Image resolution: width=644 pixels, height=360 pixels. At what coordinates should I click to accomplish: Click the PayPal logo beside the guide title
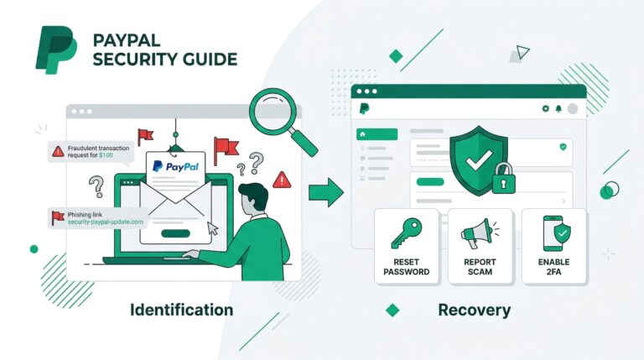tap(55, 50)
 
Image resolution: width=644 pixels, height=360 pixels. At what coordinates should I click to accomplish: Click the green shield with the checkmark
tap(478, 159)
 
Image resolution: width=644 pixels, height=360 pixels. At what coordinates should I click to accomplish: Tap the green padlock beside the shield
tap(503, 179)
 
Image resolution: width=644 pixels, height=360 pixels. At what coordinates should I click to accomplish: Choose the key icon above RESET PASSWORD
tap(407, 233)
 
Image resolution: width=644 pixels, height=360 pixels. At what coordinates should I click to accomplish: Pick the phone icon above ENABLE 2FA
tap(554, 232)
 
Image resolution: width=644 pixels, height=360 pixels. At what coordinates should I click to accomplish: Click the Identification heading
tap(181, 310)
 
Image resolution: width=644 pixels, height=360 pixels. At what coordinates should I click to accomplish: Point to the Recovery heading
tap(474, 310)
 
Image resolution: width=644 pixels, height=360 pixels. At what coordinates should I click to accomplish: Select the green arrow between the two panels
tap(325, 193)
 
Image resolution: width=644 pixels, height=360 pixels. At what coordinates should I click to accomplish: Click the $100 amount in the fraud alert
tap(106, 155)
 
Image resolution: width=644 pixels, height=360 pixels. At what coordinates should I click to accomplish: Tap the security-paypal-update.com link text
tap(106, 222)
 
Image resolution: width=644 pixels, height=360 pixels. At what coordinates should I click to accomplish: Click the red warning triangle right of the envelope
tap(282, 179)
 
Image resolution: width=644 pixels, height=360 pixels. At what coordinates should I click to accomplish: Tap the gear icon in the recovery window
tap(546, 108)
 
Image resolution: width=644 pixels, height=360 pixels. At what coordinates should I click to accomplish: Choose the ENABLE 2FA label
tap(554, 267)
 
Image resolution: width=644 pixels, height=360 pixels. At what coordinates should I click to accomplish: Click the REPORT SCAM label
tap(480, 267)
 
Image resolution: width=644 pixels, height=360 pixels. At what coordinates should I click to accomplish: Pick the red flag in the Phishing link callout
tap(59, 217)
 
